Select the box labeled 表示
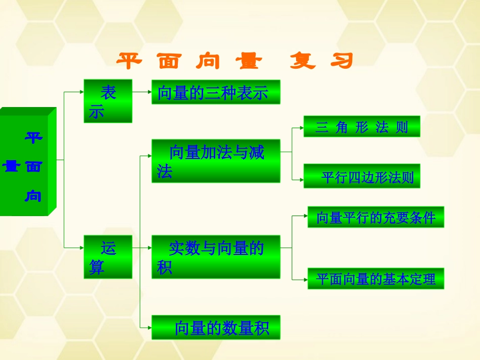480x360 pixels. pyautogui.click(x=108, y=101)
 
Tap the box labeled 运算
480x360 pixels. pyautogui.click(x=108, y=257)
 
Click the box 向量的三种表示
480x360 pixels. pyautogui.click(x=216, y=92)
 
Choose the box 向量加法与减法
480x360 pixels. pyautogui.click(x=216, y=161)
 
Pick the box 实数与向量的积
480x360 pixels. pyautogui.click(x=216, y=257)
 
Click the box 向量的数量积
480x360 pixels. pyautogui.click(x=216, y=328)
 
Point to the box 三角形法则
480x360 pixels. pyautogui.click(x=362, y=127)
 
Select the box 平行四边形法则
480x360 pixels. pyautogui.click(x=362, y=176)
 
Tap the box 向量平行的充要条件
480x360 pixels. pyautogui.click(x=376, y=217)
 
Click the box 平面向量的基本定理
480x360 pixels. pyautogui.click(x=376, y=279)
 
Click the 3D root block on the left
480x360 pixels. pyautogui.click(x=27, y=164)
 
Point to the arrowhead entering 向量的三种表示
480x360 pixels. pyautogui.click(x=149, y=92)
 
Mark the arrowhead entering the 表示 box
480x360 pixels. pyautogui.click(x=81, y=92)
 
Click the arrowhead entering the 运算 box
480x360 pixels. pyautogui.click(x=81, y=247)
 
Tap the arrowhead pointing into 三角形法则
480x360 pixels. pyautogui.click(x=301, y=128)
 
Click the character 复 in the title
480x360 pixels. pyautogui.click(x=303, y=62)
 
